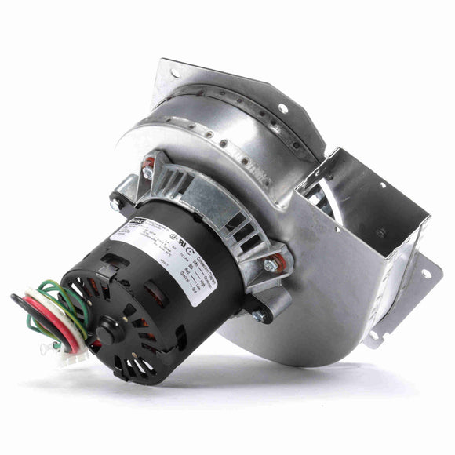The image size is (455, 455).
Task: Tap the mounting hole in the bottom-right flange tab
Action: click(x=428, y=274)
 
